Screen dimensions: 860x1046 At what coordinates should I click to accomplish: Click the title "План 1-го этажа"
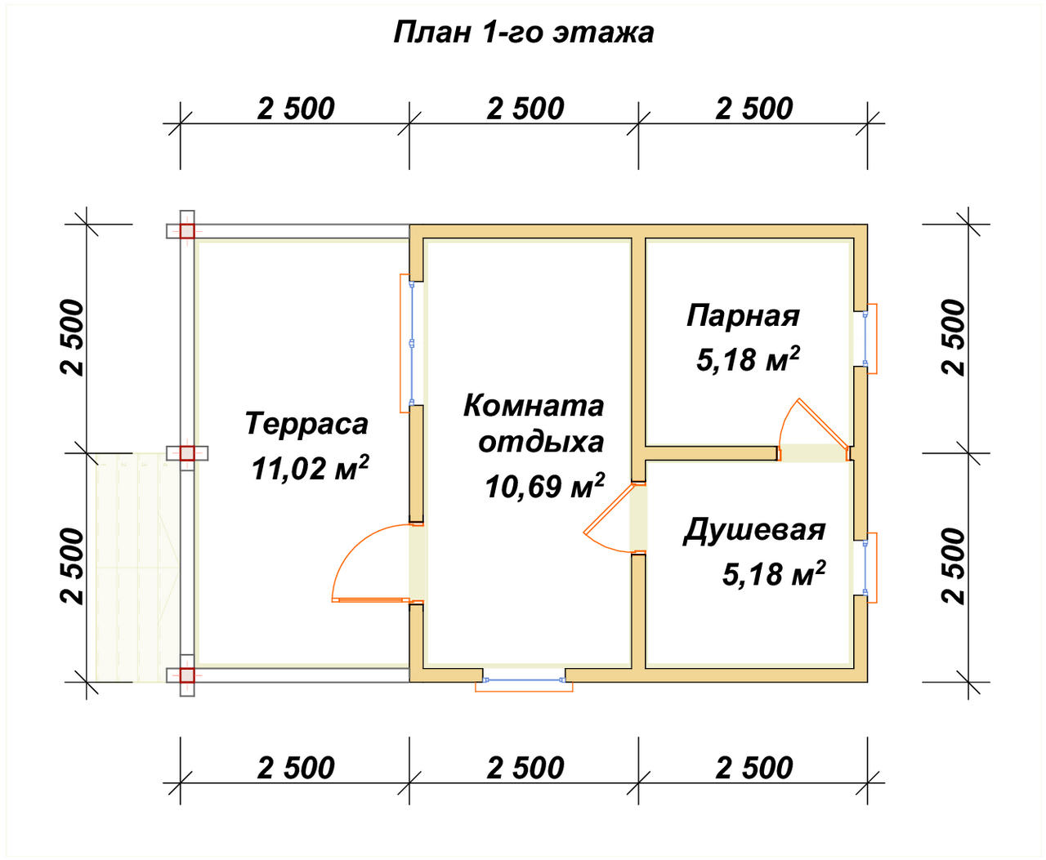click(x=523, y=32)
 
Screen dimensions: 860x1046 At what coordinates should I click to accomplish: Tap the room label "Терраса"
click(x=306, y=424)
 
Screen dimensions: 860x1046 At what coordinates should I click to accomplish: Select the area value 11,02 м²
click(x=310, y=468)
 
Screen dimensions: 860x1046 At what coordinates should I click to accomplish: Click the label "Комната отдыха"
click(x=535, y=423)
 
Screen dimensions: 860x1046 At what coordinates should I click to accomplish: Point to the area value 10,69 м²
click(x=544, y=486)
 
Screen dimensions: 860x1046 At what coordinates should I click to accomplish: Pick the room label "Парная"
click(x=743, y=315)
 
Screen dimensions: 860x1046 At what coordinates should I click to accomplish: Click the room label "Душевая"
click(x=754, y=530)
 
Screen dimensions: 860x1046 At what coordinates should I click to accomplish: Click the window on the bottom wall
click(x=524, y=680)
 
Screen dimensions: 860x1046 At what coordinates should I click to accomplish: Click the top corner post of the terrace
click(x=187, y=231)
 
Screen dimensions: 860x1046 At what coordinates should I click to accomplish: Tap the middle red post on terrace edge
click(x=187, y=453)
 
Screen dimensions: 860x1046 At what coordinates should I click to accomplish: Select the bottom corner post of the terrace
click(x=187, y=675)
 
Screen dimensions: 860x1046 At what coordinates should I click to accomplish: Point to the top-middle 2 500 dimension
click(x=525, y=109)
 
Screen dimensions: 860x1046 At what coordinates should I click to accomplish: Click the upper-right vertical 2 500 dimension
click(x=954, y=337)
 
